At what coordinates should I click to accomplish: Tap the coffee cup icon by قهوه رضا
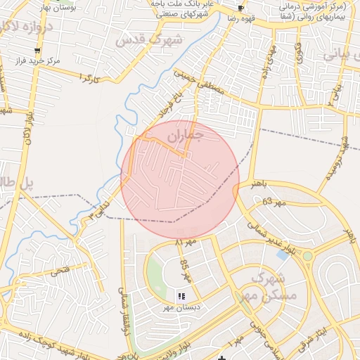(241, 8)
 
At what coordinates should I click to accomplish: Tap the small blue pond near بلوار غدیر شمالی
(283, 255)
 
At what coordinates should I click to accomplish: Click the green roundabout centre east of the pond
(307, 256)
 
